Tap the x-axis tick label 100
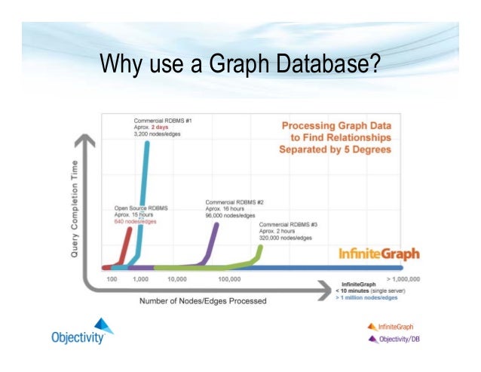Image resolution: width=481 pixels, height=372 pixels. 111,278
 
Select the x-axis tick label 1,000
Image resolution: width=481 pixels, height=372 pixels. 141,278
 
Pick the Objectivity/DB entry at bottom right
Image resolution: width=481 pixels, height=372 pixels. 394,339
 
